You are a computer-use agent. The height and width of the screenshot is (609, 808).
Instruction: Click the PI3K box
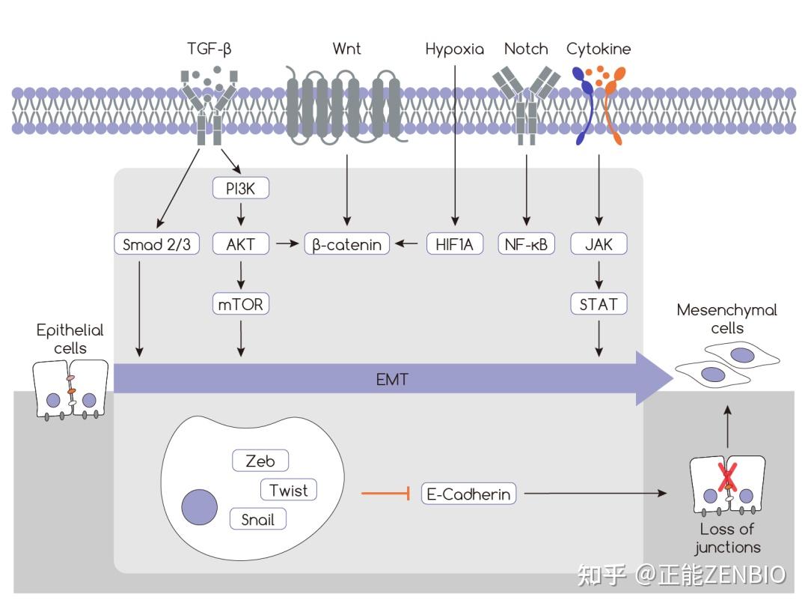(241, 189)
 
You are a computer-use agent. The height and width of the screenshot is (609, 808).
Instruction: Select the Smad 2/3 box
(156, 244)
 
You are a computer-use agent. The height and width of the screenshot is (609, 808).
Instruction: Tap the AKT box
(241, 244)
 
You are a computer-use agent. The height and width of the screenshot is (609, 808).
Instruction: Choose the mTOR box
(241, 304)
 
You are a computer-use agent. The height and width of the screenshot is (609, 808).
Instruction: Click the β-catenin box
(347, 244)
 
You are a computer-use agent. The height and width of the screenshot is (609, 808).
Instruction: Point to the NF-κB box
(527, 244)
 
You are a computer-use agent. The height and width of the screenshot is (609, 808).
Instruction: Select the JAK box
(599, 244)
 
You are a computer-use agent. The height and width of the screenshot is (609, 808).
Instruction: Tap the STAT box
(599, 304)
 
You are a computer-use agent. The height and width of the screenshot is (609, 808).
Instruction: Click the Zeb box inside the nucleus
(260, 461)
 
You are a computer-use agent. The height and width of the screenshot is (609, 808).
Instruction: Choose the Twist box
(289, 491)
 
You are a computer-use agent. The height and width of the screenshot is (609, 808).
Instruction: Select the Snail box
(258, 519)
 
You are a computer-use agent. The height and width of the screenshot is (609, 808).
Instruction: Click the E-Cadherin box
(469, 494)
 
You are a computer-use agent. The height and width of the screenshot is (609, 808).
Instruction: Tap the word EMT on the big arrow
(391, 380)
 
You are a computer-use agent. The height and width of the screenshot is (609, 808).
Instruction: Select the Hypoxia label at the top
(454, 49)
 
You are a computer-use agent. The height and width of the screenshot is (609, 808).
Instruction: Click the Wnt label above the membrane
(346, 49)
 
